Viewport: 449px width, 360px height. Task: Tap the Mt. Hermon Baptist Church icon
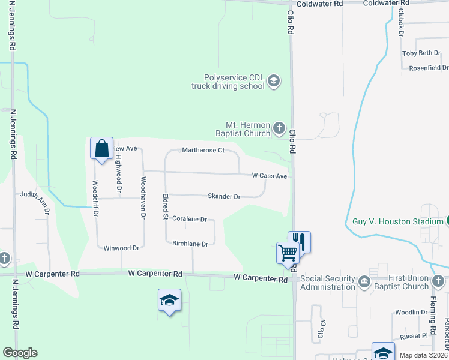(x=279, y=127)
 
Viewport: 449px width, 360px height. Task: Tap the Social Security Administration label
(x=328, y=283)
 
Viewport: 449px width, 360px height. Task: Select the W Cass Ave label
(x=270, y=176)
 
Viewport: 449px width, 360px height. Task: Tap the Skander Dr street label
(x=224, y=196)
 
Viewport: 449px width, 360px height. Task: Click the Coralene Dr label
(x=190, y=220)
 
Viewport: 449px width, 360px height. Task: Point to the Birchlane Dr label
(x=190, y=244)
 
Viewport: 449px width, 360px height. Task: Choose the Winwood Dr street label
(x=121, y=248)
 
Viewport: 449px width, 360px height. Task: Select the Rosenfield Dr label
(x=429, y=68)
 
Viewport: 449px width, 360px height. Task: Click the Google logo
(x=20, y=353)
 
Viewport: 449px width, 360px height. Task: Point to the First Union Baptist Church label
(x=399, y=283)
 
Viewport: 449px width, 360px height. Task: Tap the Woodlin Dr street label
(x=411, y=313)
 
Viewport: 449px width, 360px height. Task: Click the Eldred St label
(x=164, y=205)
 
